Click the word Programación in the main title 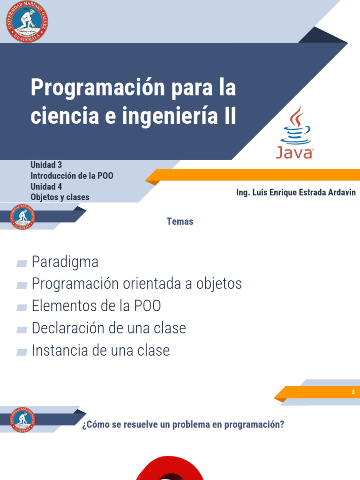(x=93, y=88)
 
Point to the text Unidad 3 (x=46, y=165)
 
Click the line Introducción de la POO (x=72, y=176)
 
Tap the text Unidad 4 (x=46, y=187)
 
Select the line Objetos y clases (x=60, y=197)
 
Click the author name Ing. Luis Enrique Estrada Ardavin (x=296, y=193)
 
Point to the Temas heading (x=180, y=222)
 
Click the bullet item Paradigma (x=65, y=262)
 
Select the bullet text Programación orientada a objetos (x=136, y=284)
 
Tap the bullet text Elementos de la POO (x=96, y=306)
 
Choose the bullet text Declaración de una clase (x=109, y=328)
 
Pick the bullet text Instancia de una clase (x=100, y=350)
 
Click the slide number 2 (x=353, y=392)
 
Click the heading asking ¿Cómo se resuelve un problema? (x=183, y=425)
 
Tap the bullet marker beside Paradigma (x=22, y=263)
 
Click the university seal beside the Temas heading (x=22, y=217)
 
